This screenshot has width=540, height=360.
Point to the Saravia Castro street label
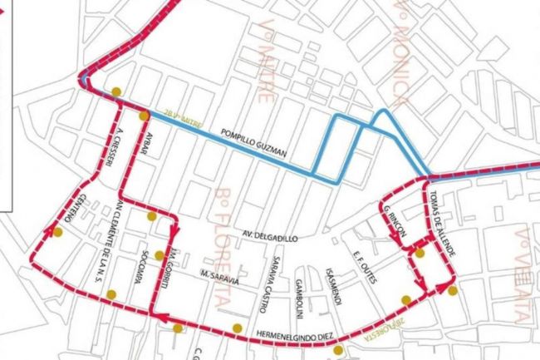click(270, 284)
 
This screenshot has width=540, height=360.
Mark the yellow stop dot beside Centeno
click(57, 233)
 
